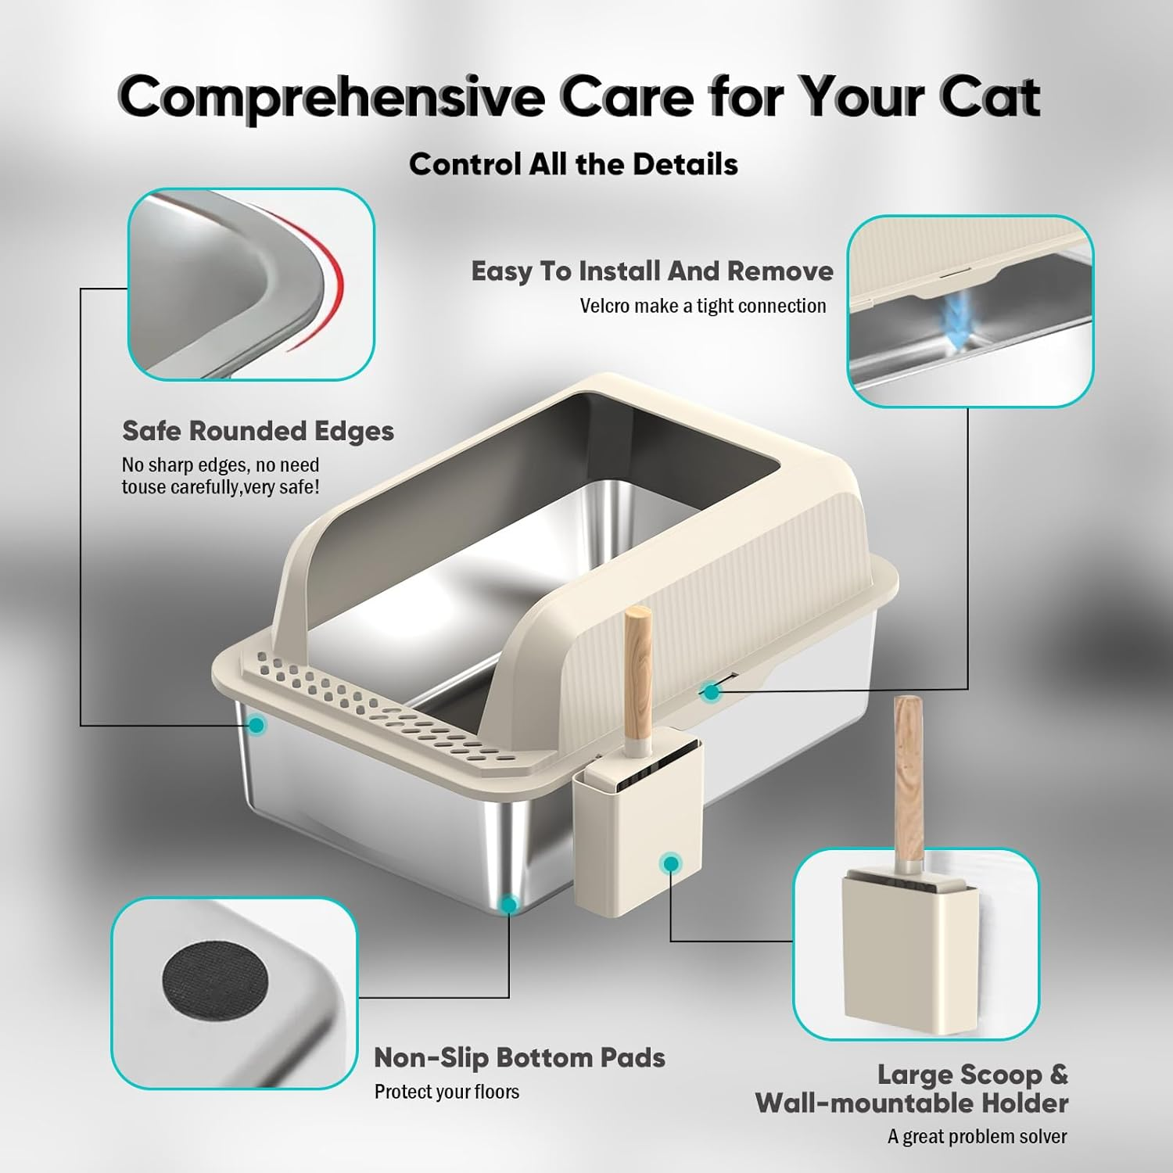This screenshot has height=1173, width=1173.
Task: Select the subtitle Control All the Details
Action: coord(573,164)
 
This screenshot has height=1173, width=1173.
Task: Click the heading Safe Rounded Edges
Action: coord(258,431)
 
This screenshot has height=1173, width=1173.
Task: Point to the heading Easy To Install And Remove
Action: coord(651,271)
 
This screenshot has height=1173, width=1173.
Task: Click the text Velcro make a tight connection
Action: coord(702,306)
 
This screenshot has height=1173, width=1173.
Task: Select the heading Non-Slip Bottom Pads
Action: coord(519,1057)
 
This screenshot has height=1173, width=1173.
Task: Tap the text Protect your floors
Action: coord(447,1092)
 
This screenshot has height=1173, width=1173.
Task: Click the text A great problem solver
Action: coord(977,1136)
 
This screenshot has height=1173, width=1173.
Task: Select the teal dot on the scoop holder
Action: coord(670,864)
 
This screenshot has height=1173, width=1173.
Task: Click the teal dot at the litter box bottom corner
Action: coord(509,905)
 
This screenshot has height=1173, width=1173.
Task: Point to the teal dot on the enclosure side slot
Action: coord(711,692)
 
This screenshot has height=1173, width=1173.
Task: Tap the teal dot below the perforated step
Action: coord(256,726)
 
